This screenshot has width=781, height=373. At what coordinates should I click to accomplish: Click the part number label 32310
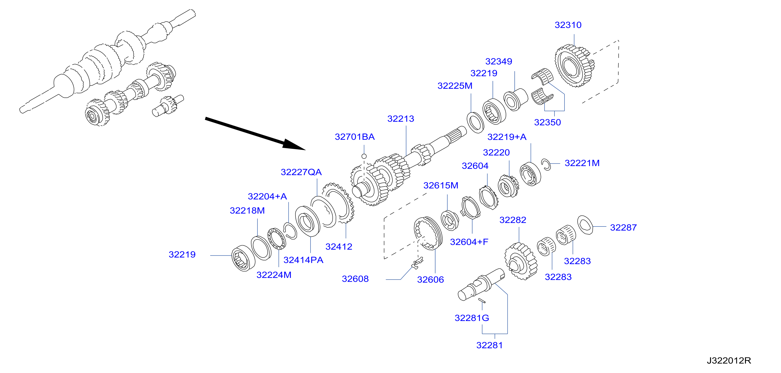click(x=568, y=25)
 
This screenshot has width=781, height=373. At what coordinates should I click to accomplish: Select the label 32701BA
click(x=355, y=137)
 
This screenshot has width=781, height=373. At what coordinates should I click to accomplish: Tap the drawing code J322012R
click(x=729, y=361)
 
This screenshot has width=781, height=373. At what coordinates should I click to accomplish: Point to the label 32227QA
click(x=301, y=172)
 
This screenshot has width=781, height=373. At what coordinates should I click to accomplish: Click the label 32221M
click(x=582, y=163)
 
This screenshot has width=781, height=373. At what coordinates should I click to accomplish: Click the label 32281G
click(x=472, y=318)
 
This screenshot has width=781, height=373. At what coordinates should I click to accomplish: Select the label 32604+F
click(x=469, y=242)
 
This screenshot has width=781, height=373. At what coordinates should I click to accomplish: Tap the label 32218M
click(x=247, y=211)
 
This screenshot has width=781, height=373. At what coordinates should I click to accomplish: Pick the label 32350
click(x=547, y=122)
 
